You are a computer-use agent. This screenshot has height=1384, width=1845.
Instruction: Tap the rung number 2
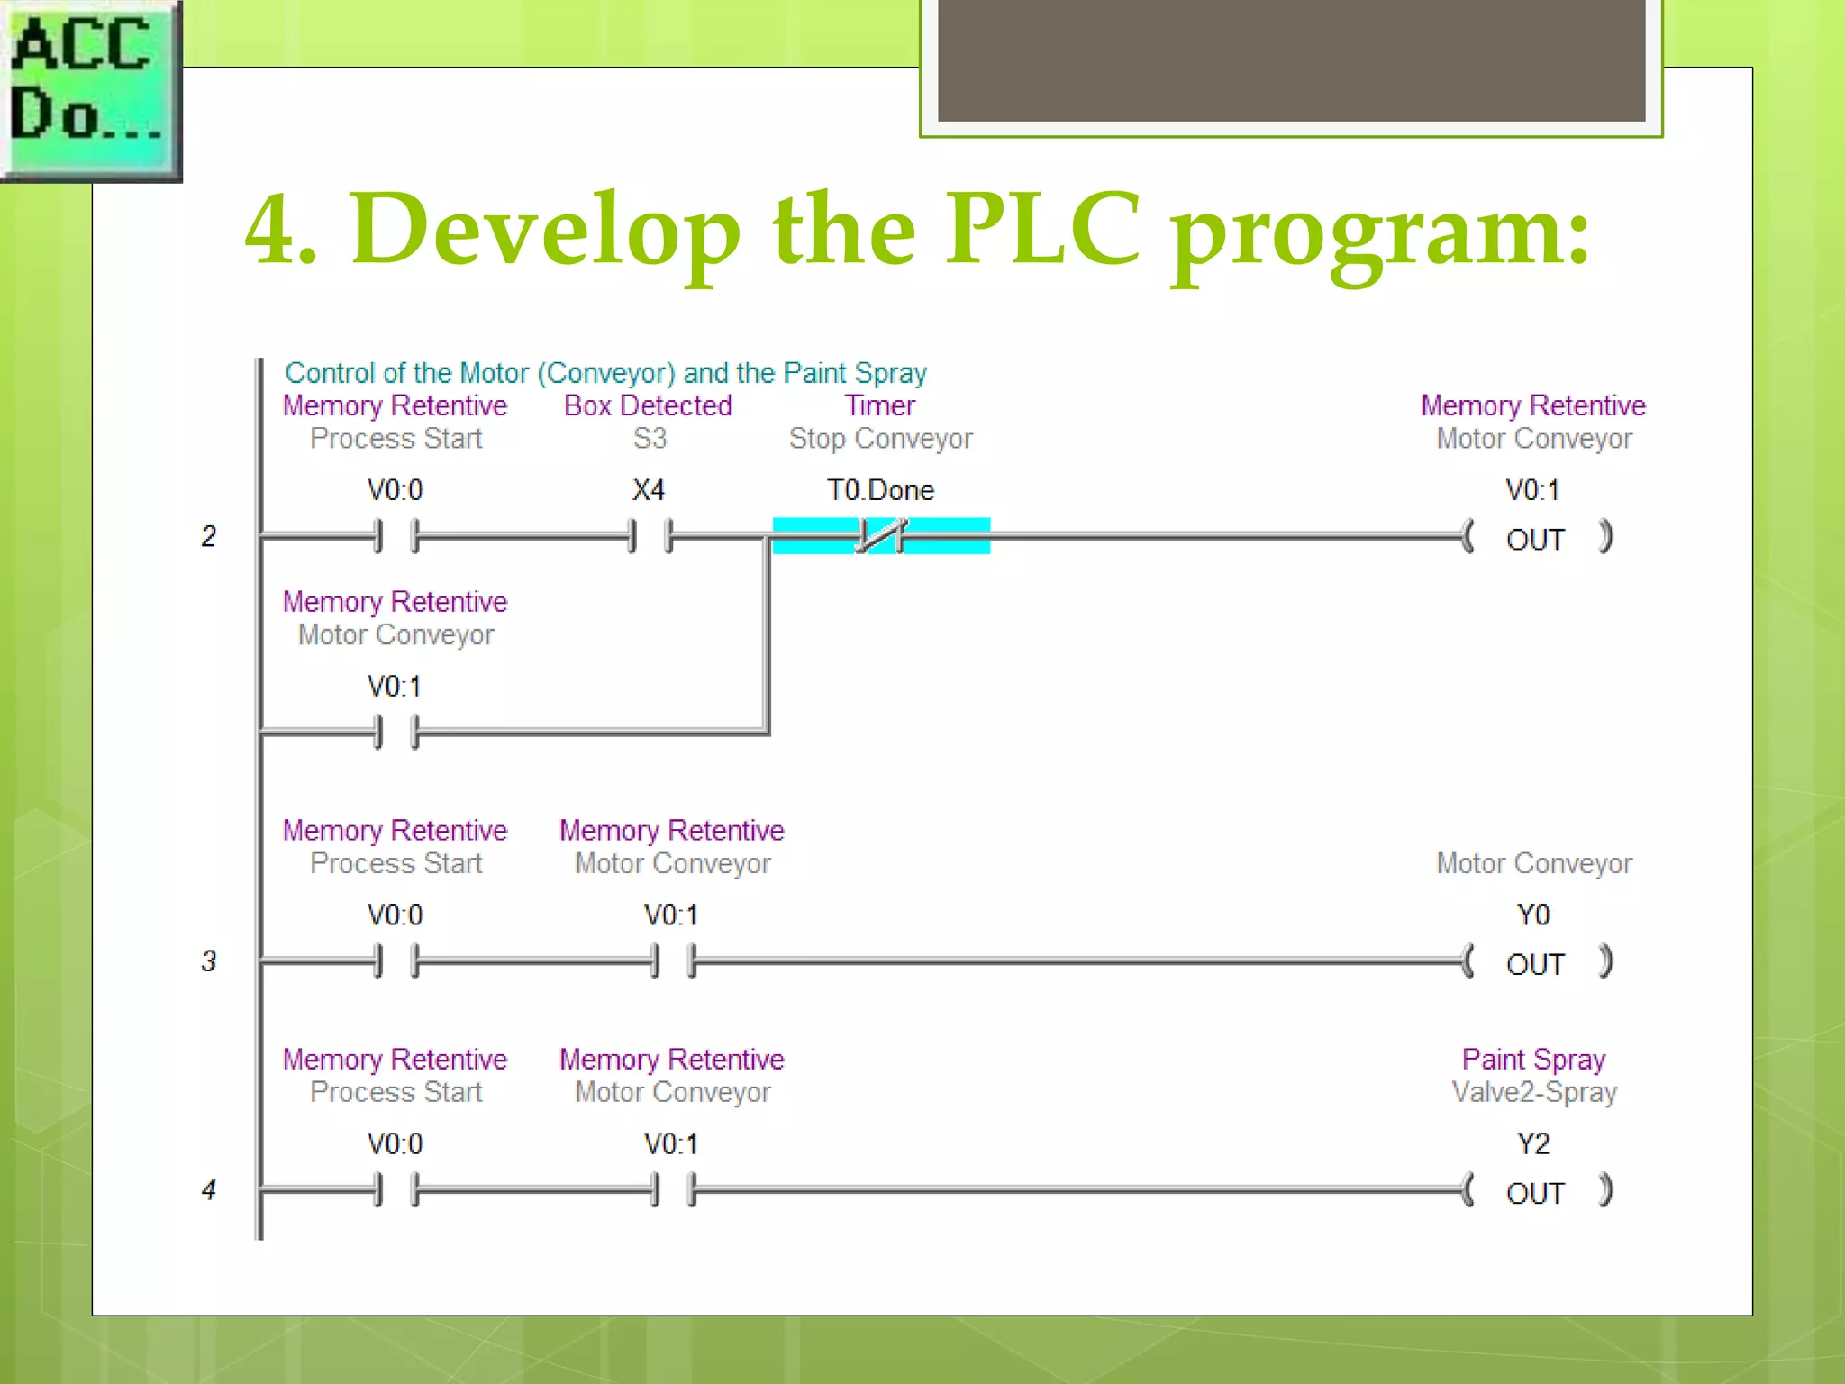click(x=208, y=536)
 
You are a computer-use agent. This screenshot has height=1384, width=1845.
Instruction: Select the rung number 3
click(x=208, y=961)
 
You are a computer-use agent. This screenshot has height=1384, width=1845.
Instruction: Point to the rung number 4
click(x=208, y=1189)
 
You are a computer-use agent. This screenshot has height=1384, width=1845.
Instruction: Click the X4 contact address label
click(x=648, y=490)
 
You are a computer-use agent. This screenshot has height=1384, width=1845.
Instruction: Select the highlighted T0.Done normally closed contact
click(x=880, y=536)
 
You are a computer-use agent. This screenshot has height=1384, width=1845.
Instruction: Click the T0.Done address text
click(x=880, y=490)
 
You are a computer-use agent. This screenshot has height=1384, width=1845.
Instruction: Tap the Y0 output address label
click(x=1533, y=915)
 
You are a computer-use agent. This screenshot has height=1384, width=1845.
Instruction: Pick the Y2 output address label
click(x=1533, y=1143)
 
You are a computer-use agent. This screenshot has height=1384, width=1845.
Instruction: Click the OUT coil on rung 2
click(x=1535, y=539)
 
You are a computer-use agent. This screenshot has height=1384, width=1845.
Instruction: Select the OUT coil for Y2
click(x=1535, y=1192)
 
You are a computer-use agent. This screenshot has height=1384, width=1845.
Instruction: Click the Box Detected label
click(x=648, y=405)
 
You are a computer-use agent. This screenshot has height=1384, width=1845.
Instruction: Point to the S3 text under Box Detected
click(x=650, y=439)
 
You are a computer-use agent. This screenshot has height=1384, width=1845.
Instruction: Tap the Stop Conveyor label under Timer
click(x=880, y=439)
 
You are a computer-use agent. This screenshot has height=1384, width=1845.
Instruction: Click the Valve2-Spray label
click(x=1534, y=1092)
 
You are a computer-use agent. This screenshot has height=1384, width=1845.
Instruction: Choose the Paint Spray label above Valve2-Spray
click(x=1533, y=1059)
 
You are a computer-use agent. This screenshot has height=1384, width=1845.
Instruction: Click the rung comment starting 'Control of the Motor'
click(x=605, y=373)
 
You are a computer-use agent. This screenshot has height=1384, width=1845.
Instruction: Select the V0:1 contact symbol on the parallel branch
click(x=396, y=732)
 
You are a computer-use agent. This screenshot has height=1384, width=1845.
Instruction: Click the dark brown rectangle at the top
click(x=1291, y=59)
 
